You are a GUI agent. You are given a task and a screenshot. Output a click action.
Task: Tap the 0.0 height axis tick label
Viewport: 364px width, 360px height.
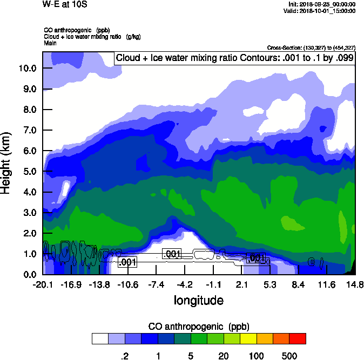pyautogui.click(x=30, y=274)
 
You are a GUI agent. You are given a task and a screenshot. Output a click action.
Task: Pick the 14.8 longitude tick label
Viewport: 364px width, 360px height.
pyautogui.click(x=355, y=284)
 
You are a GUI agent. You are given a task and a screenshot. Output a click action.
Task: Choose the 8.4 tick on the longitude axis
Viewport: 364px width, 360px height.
pyautogui.click(x=298, y=284)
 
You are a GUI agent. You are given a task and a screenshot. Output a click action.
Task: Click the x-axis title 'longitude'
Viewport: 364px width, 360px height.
pyautogui.click(x=198, y=300)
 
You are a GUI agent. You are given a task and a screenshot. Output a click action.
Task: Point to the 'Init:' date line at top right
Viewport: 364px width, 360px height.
pyautogui.click(x=322, y=4)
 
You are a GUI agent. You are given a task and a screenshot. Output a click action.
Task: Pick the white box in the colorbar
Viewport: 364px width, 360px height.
pyautogui.click(x=100, y=338)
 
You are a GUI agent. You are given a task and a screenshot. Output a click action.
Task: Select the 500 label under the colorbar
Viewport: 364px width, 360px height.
pyautogui.click(x=289, y=356)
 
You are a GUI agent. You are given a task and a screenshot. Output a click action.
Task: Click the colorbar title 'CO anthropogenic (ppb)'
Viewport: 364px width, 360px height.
pyautogui.click(x=198, y=327)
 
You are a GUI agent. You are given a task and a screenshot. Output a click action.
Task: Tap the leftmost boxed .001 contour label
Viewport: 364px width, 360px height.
pyautogui.click(x=127, y=262)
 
